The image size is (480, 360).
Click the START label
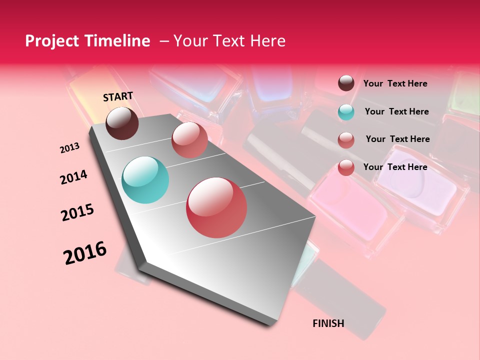click(x=118, y=96)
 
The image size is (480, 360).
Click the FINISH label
click(x=328, y=323)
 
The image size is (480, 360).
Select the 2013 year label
click(x=69, y=148)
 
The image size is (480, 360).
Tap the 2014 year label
click(x=73, y=177)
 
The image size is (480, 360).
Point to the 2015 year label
click(x=77, y=212)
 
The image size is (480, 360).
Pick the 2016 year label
click(x=85, y=253)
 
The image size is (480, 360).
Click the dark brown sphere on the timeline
click(x=122, y=123)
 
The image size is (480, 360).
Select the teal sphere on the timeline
click(x=145, y=180)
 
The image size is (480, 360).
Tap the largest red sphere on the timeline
click(x=216, y=207)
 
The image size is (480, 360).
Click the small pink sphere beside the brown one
click(x=189, y=139)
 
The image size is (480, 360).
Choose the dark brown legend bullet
click(x=346, y=83)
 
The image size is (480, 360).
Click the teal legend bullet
click(x=346, y=112)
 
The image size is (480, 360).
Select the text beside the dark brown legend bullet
click(x=395, y=84)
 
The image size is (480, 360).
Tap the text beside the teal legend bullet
click(x=396, y=111)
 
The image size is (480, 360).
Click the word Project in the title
click(x=50, y=41)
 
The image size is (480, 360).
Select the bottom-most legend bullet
click(x=346, y=167)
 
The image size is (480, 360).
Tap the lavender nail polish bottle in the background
click(x=423, y=187)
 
